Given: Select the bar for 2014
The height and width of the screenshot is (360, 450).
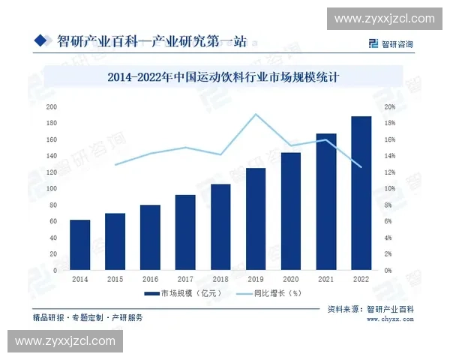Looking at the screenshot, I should coord(79,245).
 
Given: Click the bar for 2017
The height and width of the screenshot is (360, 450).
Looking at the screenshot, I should coord(185,232).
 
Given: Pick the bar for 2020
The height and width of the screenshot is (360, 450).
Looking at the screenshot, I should coord(290,211).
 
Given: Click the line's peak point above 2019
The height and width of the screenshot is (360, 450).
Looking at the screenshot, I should coord(255,115).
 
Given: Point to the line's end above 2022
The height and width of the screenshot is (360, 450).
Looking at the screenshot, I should coord(361,166).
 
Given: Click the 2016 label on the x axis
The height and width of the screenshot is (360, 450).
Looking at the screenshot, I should coord(150,279).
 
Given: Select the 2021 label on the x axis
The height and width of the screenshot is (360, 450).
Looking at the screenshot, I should coord(325,279).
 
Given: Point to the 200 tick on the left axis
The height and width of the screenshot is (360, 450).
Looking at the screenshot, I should coord(52,106).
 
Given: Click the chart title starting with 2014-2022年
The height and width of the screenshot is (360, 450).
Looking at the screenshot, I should coord(225,76).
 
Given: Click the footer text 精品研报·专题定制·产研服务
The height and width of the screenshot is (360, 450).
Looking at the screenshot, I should coord(88,318).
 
